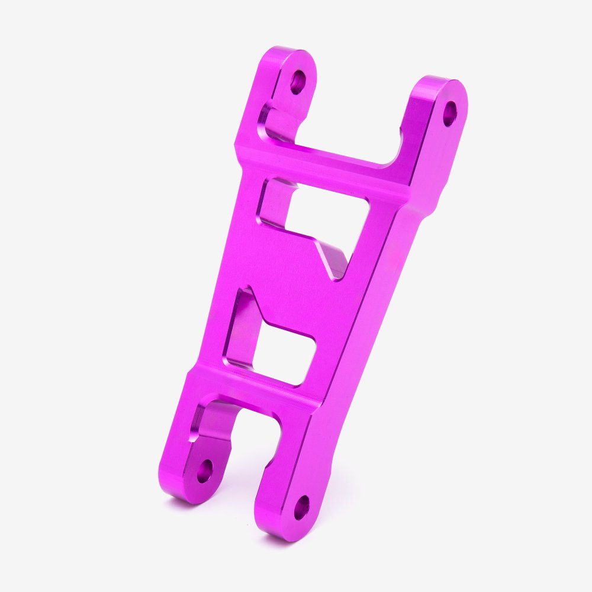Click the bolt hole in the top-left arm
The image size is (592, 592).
297,82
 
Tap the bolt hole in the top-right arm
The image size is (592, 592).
450,113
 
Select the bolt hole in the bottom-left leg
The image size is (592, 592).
205,471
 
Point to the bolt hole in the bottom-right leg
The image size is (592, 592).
301,507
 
